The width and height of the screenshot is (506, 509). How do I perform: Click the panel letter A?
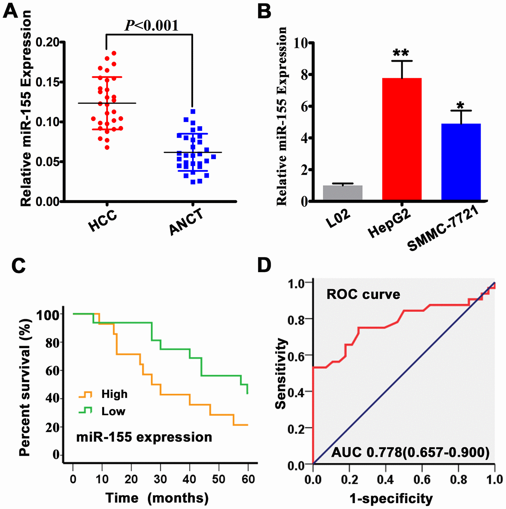[x=10, y=12]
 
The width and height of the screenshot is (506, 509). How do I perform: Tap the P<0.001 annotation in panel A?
[x=151, y=26]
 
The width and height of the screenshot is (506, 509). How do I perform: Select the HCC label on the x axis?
[x=103, y=221]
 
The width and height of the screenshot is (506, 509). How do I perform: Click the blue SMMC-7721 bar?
[x=461, y=161]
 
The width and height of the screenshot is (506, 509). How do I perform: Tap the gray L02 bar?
[x=343, y=193]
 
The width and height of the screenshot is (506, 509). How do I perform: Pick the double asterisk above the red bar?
[x=401, y=53]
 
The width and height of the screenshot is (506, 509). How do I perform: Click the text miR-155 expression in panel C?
[x=144, y=437]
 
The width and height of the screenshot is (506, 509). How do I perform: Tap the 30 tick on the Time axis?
[x=160, y=479]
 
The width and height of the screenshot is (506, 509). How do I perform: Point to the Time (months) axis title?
[x=157, y=498]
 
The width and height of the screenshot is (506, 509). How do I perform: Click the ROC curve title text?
[x=363, y=295]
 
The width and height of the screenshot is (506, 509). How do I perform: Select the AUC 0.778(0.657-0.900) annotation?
[x=410, y=452]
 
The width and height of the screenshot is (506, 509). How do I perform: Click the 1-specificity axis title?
[x=391, y=499]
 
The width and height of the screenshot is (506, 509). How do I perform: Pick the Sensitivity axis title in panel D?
[x=281, y=373]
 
